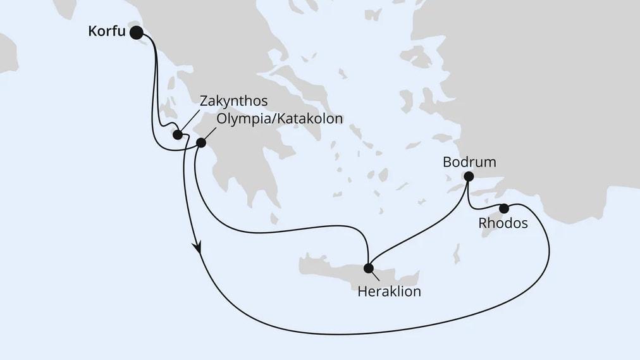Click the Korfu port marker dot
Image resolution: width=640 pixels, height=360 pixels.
coord(136,32)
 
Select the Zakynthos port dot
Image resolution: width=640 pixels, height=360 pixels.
coord(178,135)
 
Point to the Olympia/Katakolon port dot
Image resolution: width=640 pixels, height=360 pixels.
coord(201,143)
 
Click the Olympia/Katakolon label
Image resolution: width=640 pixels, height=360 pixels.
coord(280,119)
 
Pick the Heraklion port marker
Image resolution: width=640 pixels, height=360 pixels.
coord(368,268)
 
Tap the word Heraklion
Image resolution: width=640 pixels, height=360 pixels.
coord(389,292)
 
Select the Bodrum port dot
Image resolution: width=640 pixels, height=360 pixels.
coord(469,177)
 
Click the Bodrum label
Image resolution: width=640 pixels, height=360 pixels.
coord(469,162)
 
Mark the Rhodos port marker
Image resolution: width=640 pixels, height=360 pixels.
coord(504,208)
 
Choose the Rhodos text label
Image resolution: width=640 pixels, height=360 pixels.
coord(503,224)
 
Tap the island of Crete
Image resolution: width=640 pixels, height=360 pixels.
coord(335,269)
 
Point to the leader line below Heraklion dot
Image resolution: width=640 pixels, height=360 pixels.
coord(374,275)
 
